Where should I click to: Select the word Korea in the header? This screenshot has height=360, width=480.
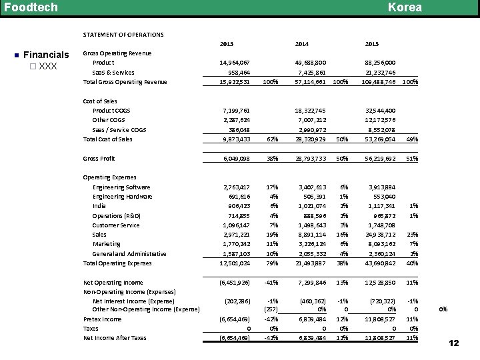pyautogui.click(x=405, y=7)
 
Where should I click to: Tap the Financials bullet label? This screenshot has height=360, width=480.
pyautogui.click(x=46, y=55)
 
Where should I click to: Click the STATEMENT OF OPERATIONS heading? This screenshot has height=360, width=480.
pyautogui.click(x=123, y=34)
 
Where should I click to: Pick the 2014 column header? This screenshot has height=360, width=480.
pyautogui.click(x=301, y=44)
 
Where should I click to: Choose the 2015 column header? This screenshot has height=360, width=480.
pyautogui.click(x=373, y=44)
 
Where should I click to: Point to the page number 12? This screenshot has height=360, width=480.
pyautogui.click(x=455, y=343)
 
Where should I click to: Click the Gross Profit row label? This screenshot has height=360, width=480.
pyautogui.click(x=99, y=159)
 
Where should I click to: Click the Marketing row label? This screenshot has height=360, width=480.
pyautogui.click(x=107, y=244)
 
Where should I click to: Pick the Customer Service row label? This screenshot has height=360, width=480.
pyautogui.click(x=116, y=225)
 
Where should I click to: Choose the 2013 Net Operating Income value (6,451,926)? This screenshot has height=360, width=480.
pyautogui.click(x=234, y=283)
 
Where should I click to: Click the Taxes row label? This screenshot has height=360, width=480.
pyautogui.click(x=91, y=328)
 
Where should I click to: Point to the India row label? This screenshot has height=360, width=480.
pyautogui.click(x=100, y=206)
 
